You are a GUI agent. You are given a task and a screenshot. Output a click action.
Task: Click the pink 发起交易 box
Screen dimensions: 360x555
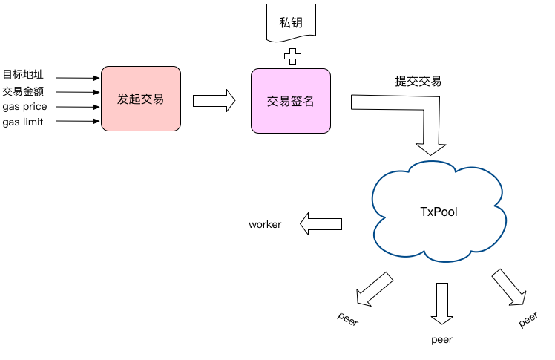point(141,99)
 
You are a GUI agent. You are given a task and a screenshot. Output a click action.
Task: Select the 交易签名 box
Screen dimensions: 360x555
point(290,101)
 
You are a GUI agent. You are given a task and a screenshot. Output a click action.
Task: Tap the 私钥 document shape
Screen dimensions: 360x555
point(290,22)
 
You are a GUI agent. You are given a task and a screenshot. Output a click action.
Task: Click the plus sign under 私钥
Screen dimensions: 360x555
point(294,56)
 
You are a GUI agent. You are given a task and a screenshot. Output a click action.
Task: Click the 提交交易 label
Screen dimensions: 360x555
point(418,82)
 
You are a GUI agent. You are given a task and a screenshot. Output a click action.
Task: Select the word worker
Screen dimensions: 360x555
point(265,224)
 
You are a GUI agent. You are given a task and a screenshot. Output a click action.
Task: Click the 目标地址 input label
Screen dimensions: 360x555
point(24,75)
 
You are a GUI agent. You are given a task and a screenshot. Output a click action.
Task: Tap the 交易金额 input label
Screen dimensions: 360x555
point(24,91)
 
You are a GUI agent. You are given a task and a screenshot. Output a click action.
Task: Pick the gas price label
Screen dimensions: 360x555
point(24,107)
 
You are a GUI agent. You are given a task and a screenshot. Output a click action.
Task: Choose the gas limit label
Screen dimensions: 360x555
point(23,122)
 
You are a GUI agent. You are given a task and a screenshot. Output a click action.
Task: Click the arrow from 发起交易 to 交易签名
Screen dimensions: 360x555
point(214,101)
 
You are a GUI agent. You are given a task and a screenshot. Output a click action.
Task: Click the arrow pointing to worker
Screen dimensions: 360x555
point(321,223)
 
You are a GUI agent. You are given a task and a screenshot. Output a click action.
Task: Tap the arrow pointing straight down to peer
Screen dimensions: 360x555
point(443,303)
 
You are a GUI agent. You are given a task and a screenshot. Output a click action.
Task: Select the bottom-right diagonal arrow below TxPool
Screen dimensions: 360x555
point(508,287)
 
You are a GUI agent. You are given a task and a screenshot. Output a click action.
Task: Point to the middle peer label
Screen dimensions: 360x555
point(441,340)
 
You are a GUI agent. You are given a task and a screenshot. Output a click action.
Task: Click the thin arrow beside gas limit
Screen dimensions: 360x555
point(77,122)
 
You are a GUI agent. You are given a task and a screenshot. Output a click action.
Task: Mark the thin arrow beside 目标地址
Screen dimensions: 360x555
point(77,77)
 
